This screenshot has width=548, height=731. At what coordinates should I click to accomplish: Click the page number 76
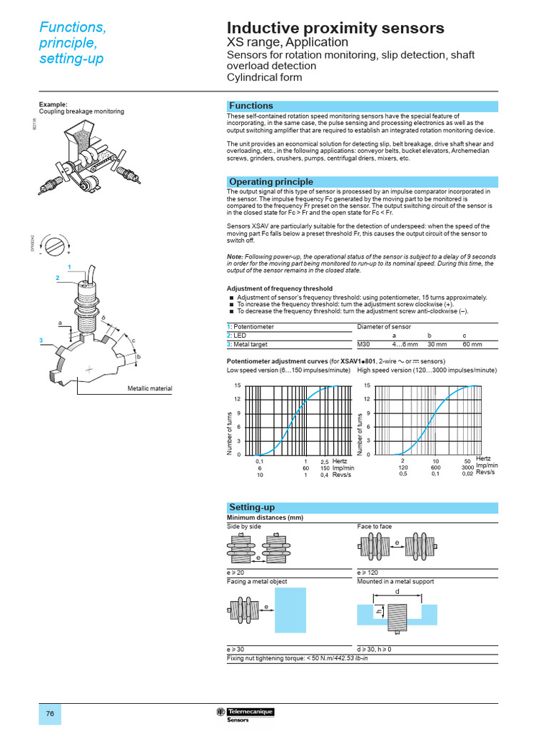click(x=50, y=714)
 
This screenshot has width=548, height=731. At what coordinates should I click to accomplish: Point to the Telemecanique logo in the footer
click(x=245, y=712)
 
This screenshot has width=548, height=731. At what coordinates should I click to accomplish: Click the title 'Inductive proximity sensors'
click(x=335, y=28)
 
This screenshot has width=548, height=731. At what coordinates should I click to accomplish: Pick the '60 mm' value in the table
click(x=472, y=344)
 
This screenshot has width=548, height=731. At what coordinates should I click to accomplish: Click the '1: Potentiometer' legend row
click(x=250, y=326)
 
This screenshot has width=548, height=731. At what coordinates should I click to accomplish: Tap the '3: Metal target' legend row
click(x=250, y=344)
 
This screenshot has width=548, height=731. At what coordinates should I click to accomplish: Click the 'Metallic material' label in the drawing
click(x=150, y=388)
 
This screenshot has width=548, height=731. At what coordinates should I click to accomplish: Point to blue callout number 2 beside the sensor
click(x=58, y=277)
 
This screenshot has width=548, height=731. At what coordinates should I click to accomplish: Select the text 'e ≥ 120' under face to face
click(x=368, y=573)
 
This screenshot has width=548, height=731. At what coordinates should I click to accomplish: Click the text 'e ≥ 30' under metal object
click(x=235, y=649)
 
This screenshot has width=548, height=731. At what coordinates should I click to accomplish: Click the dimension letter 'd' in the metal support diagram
click(x=397, y=592)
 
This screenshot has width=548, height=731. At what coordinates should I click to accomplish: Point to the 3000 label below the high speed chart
click(x=467, y=468)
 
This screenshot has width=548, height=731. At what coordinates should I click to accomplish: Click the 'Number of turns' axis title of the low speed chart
click(x=229, y=433)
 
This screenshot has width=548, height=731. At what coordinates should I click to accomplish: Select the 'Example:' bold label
click(x=53, y=104)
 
